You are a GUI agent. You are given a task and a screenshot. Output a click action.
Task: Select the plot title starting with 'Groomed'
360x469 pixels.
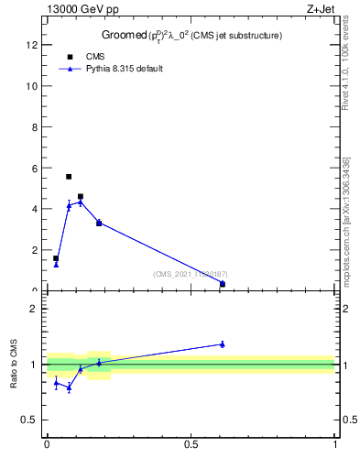(191, 36)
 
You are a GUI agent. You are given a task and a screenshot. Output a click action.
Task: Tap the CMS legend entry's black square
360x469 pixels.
(70, 57)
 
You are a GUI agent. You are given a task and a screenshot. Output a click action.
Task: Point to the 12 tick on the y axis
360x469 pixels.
(37, 45)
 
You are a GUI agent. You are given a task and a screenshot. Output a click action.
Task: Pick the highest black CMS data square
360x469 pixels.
(69, 177)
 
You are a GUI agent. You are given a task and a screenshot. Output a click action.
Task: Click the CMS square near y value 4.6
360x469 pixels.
(81, 196)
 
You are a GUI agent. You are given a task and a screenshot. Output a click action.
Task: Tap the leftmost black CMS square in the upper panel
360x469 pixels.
(56, 258)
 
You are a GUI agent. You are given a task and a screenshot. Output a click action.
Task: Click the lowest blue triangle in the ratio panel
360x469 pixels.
(69, 387)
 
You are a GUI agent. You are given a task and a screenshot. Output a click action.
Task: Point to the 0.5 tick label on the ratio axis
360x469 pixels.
(33, 420)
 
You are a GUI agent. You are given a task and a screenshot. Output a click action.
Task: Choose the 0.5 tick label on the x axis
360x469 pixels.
(191, 444)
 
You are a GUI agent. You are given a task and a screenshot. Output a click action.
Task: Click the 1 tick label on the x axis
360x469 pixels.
(335, 444)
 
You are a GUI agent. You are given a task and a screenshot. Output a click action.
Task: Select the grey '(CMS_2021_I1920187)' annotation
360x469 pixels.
(191, 274)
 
